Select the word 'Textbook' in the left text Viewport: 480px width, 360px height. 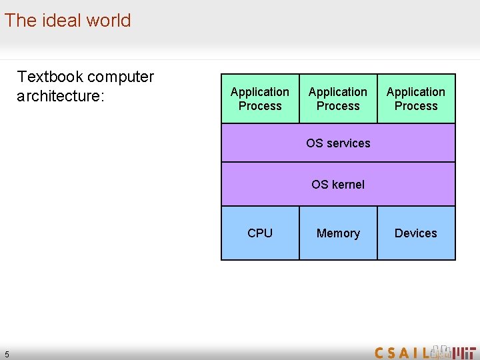tap(49, 77)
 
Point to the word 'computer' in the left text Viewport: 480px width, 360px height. tap(120, 77)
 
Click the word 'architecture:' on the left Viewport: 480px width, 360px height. tap(61, 96)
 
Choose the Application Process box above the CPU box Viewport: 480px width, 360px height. tap(260, 99)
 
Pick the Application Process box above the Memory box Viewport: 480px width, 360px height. tap(338, 99)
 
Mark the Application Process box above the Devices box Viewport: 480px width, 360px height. tap(416, 99)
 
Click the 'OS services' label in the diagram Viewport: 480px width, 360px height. tap(338, 143)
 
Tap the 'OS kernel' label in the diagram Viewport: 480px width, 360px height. tap(338, 185)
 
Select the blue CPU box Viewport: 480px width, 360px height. tap(260, 233)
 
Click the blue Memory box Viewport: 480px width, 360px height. tap(338, 233)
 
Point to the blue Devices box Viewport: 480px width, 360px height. tap(416, 233)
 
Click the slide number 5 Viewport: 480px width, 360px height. tap(7, 353)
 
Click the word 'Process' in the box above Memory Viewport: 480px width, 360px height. tap(338, 106)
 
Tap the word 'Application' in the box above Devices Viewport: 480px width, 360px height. tap(416, 92)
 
